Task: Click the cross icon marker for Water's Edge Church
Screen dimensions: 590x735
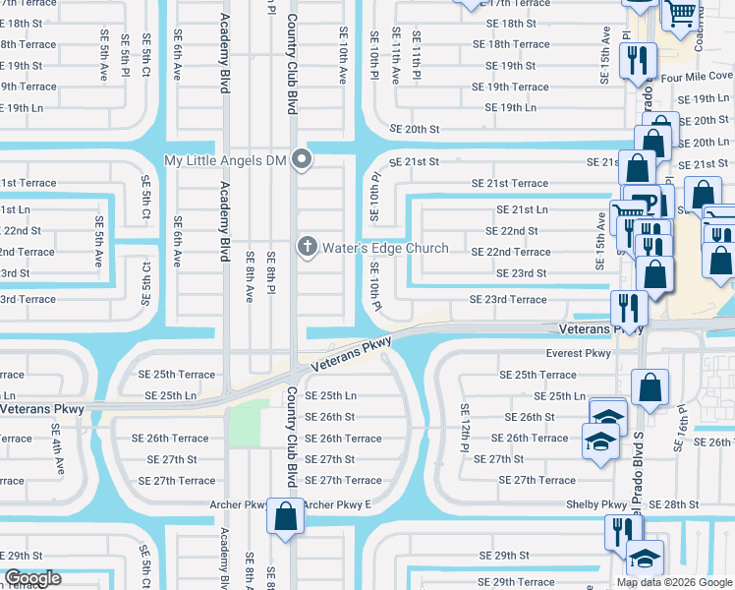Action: coord(308,247)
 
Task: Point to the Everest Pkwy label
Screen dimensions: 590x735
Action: coord(579,353)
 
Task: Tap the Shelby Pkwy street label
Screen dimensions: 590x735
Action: coord(596,504)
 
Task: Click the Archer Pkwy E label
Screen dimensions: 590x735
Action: coord(337,504)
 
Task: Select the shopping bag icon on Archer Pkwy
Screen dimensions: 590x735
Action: coord(285,516)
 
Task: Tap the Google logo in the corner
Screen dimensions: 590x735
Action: coord(32,578)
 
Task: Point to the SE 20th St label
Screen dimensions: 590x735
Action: coord(414,129)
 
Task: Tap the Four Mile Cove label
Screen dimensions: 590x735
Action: coord(697,76)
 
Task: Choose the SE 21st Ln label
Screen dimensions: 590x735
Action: coord(522,209)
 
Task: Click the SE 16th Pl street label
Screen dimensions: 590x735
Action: coord(678,432)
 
